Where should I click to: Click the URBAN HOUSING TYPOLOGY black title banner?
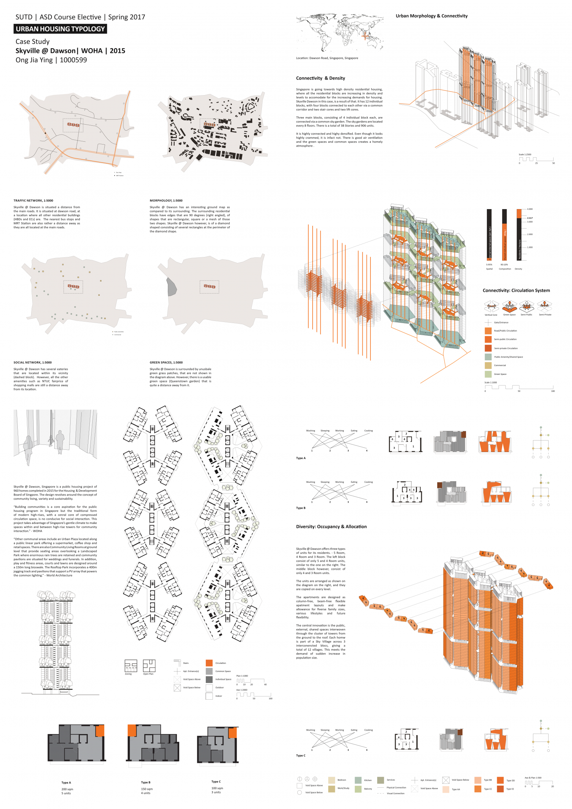coord(60,29)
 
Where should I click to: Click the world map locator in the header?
coord(340,33)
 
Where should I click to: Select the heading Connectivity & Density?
coord(320,78)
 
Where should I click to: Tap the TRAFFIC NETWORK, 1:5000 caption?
coord(33,201)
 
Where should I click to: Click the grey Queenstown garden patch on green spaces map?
coord(172,287)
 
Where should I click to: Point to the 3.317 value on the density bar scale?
coord(529,218)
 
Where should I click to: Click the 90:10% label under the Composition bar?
coord(504,264)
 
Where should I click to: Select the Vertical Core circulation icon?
coord(491,306)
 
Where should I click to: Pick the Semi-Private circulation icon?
coord(544,305)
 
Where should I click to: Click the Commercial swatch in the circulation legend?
coord(488,365)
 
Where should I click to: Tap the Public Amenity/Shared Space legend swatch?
coord(488,357)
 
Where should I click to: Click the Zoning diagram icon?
coord(131,666)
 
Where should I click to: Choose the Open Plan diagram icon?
coord(149,666)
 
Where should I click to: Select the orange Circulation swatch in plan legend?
coord(209,663)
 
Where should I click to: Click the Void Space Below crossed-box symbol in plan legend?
coord(177,688)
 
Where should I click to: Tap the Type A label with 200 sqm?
coord(66,782)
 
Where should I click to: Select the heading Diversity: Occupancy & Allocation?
coord(331,526)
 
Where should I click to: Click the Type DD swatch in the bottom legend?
coord(500,780)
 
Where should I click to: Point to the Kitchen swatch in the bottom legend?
coord(358,780)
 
